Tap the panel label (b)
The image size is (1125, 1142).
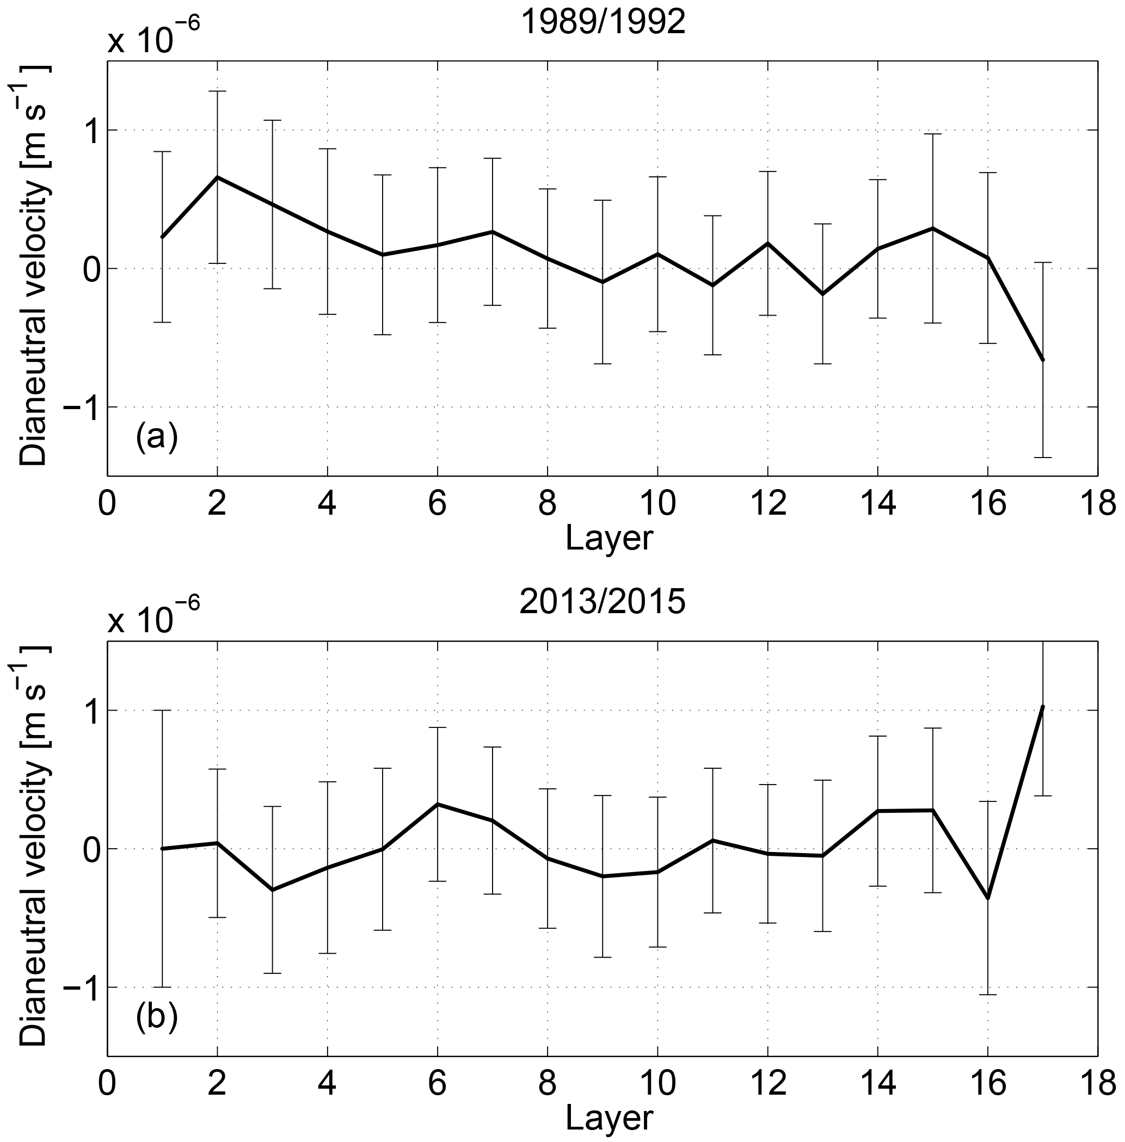tap(157, 1018)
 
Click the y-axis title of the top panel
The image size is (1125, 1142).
tap(34, 266)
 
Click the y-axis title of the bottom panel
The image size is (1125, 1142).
tap(34, 846)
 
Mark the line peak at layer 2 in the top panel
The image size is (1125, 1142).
tap(218, 177)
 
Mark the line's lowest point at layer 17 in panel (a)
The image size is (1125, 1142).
tap(1043, 360)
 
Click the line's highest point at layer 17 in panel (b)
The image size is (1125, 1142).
tap(1043, 707)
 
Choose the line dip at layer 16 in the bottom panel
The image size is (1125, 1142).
tap(988, 899)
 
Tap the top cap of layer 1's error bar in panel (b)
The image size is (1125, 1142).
tap(163, 710)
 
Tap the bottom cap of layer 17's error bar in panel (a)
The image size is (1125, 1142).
tap(1043, 457)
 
